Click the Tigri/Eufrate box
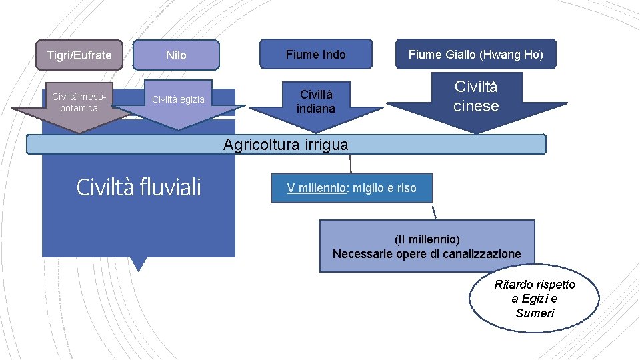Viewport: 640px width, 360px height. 79,55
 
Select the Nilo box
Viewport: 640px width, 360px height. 176,55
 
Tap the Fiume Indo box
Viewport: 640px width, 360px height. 315,54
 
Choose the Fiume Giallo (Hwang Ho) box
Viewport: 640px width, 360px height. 475,55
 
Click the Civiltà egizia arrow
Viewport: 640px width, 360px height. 178,101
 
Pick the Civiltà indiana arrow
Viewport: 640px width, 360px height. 315,101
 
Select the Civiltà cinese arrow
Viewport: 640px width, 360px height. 476,97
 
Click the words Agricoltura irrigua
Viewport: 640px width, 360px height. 285,145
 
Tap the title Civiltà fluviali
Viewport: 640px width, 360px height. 139,187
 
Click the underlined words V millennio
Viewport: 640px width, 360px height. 317,188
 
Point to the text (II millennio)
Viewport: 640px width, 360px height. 427,239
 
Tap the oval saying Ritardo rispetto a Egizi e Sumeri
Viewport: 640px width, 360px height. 535,299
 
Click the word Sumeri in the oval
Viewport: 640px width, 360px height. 535,313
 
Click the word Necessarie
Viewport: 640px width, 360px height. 363,254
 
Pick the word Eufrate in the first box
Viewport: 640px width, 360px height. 95,55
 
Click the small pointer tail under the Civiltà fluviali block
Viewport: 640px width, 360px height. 138,264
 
